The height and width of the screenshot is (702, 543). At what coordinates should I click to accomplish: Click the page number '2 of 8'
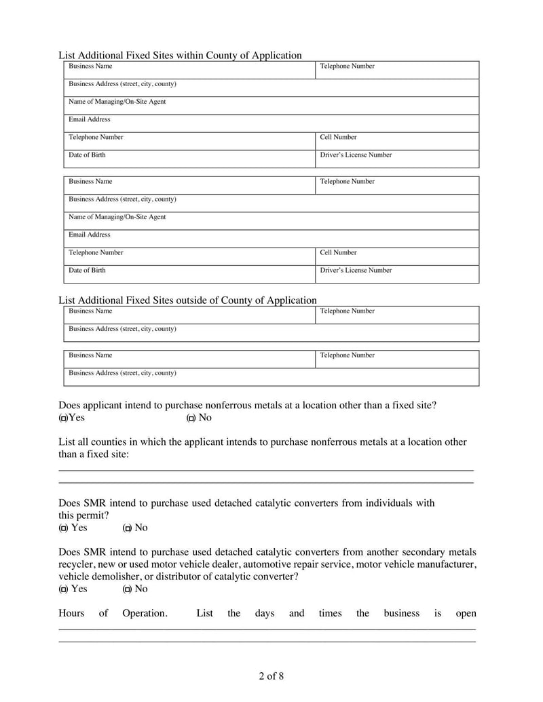click(271, 676)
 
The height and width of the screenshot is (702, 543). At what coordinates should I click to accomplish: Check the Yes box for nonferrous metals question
click(62, 418)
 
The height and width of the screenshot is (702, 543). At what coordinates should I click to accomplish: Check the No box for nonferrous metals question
click(191, 418)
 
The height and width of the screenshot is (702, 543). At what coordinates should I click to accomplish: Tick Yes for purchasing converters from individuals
click(63, 528)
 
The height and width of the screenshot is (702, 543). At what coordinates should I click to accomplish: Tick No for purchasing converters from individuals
click(127, 528)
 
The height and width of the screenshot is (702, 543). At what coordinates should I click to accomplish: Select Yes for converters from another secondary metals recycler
click(63, 589)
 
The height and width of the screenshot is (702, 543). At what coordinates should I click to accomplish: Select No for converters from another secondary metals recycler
click(127, 589)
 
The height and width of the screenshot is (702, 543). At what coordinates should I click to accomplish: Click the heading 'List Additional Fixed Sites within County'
click(180, 55)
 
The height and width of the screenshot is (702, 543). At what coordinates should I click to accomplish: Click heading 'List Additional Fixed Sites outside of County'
click(187, 300)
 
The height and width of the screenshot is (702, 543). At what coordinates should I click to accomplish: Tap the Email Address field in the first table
click(271, 123)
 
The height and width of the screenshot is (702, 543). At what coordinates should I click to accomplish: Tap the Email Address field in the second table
click(271, 239)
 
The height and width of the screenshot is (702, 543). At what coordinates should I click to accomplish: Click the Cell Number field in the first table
click(397, 141)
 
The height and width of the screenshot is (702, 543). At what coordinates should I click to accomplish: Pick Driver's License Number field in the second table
click(397, 274)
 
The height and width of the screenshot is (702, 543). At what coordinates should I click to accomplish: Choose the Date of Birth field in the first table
click(190, 159)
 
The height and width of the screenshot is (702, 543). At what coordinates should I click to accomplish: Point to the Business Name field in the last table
click(190, 359)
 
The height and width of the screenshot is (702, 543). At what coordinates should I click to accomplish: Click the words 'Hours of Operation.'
click(113, 613)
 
